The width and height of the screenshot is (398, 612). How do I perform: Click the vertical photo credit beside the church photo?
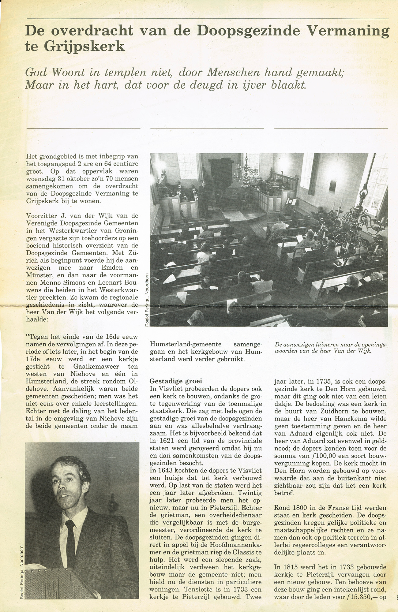pos(147,300)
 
